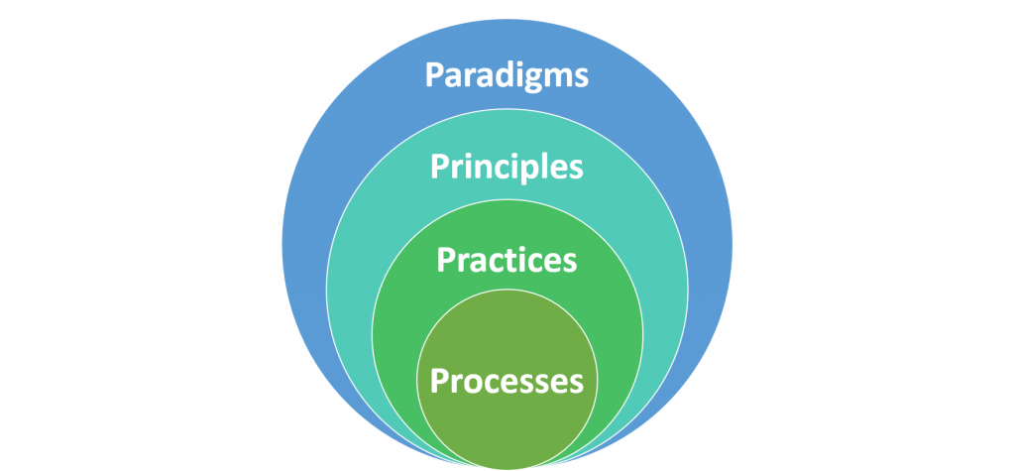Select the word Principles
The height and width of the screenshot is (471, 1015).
(x=507, y=168)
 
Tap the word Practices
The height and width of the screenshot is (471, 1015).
(x=507, y=260)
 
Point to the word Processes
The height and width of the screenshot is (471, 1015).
(x=507, y=381)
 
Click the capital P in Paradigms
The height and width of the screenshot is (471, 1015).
(x=435, y=74)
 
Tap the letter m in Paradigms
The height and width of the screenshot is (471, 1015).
(x=559, y=77)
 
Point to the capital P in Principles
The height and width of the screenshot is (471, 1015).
(x=441, y=166)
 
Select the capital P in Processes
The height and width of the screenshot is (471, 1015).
(x=441, y=380)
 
